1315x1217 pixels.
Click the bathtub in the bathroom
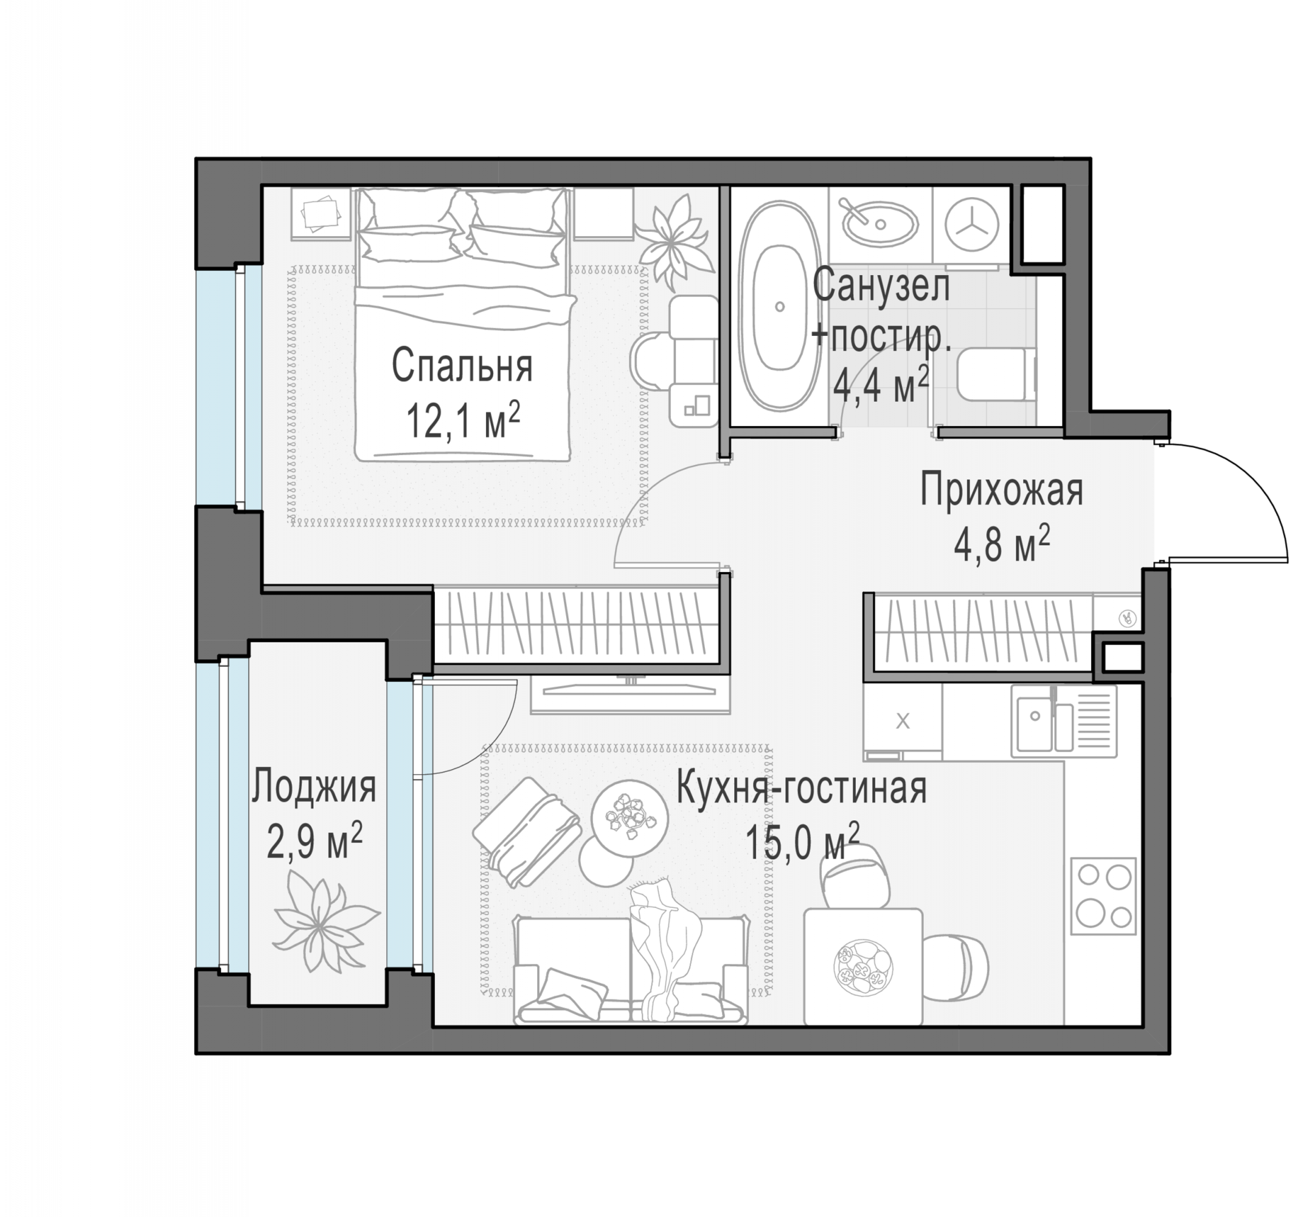tap(779, 305)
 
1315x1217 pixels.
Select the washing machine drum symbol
tap(971, 224)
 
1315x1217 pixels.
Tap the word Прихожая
tap(1001, 490)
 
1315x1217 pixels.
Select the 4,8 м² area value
tap(1002, 544)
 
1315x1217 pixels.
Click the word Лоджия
tap(313, 786)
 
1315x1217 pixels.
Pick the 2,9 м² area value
tap(314, 840)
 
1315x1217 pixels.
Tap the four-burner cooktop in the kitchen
tap(1103, 896)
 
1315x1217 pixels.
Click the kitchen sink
tap(1064, 721)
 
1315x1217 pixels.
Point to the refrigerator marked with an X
tap(903, 721)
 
